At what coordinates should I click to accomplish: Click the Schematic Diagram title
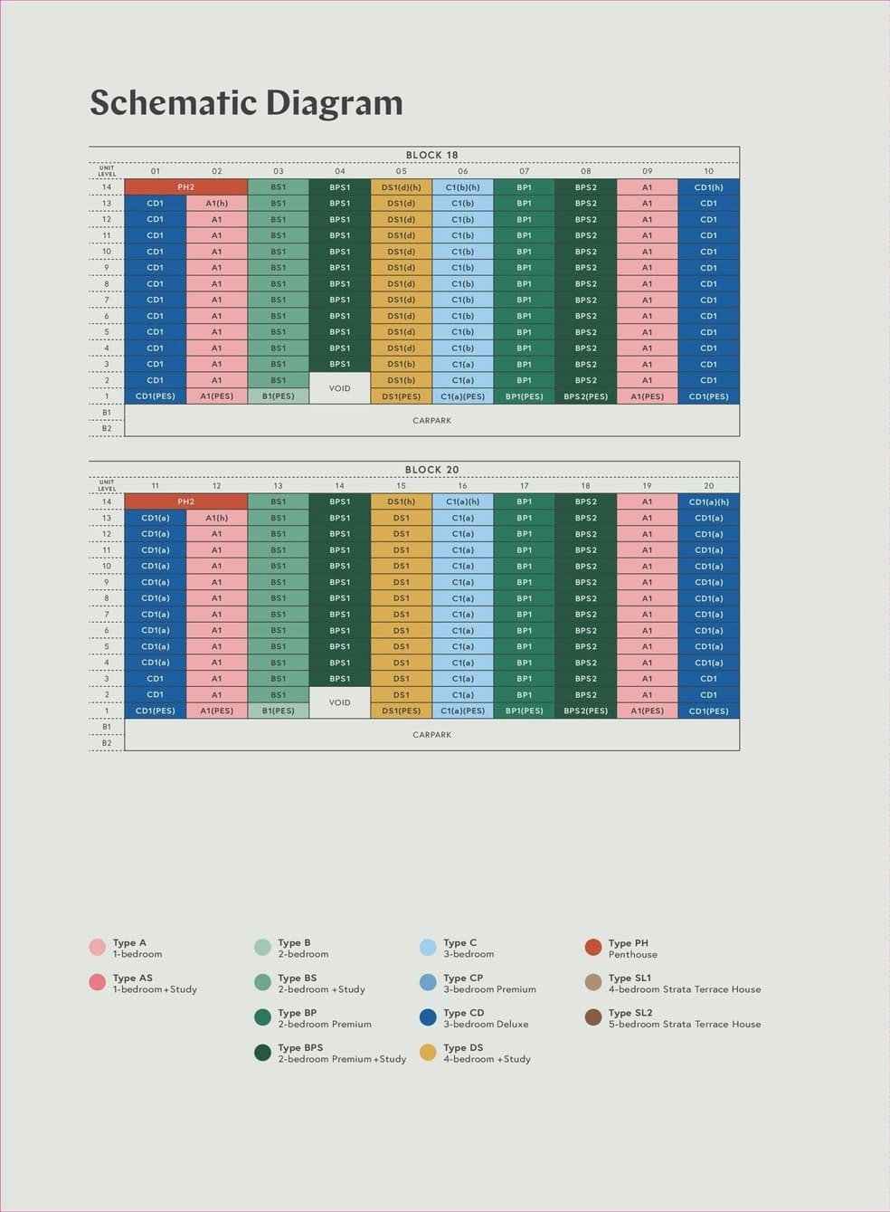coord(246,102)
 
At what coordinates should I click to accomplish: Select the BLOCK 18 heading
coord(431,155)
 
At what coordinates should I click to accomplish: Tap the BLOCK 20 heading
coord(431,470)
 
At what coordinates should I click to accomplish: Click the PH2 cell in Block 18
coord(185,187)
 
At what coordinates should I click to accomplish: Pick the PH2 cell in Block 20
coord(185,501)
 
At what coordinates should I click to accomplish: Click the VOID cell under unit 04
coord(339,388)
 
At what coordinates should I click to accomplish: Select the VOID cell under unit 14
coord(339,702)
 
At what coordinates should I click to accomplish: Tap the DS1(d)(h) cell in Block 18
coord(401,187)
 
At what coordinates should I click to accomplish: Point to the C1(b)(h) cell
coord(462,187)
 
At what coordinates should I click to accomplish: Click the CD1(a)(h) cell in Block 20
coord(708,501)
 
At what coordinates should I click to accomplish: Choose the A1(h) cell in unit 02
coord(216,204)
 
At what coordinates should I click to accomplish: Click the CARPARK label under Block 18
coord(431,420)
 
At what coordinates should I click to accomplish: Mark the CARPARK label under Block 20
coord(431,734)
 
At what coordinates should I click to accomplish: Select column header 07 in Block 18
coord(524,171)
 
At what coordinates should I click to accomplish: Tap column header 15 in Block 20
coord(401,486)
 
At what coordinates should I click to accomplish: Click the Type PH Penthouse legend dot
coord(593,948)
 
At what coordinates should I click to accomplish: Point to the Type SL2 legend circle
coord(593,1017)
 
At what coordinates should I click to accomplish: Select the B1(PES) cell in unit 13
coord(278,711)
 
